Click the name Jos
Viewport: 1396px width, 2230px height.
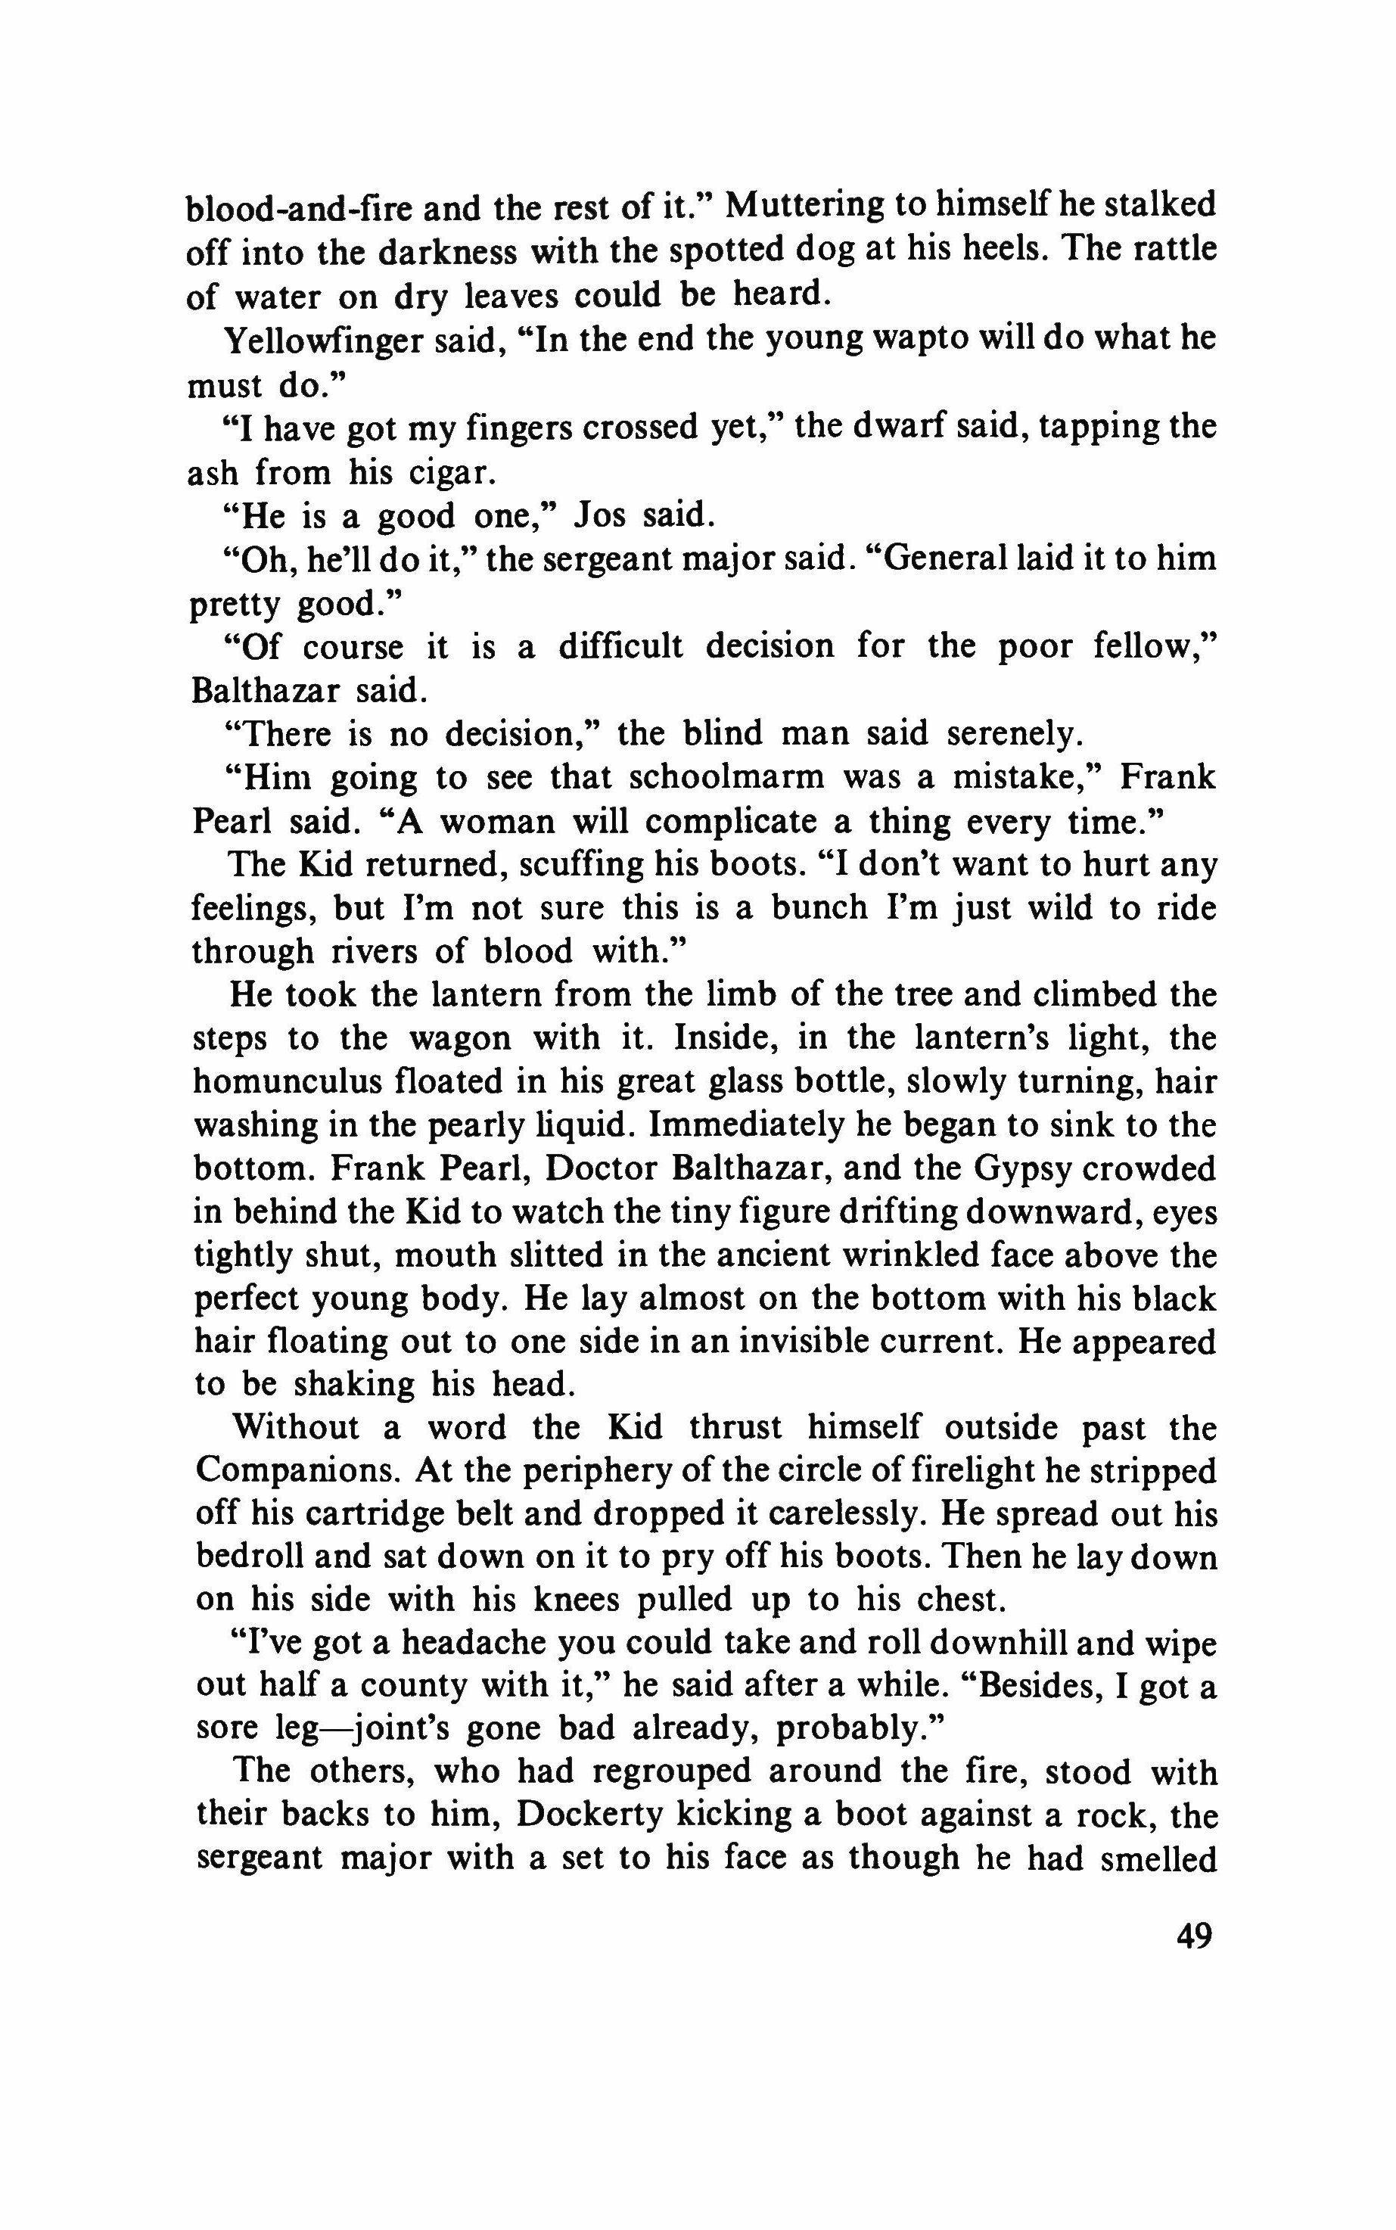coord(602,515)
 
